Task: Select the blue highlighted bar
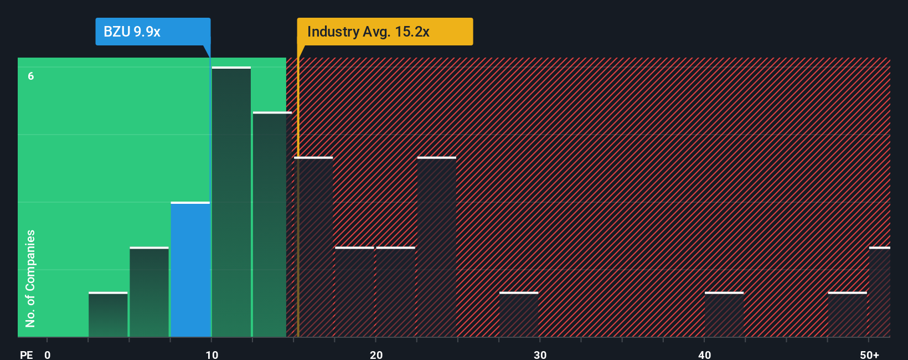point(190,270)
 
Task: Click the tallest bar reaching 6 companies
point(231,202)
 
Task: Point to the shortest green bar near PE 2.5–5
point(108,315)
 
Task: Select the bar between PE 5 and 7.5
point(149,292)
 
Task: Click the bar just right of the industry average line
point(314,247)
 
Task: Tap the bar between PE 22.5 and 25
point(437,247)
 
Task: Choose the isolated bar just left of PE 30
point(519,315)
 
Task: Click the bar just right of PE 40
point(724,315)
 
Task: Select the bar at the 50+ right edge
point(879,292)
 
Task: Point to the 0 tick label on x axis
point(48,355)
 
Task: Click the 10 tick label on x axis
point(211,355)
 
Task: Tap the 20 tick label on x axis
point(376,355)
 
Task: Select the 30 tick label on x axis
point(540,355)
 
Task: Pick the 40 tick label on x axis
point(704,355)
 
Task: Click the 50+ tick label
point(869,355)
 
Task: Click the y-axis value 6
point(31,76)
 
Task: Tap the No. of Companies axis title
point(30,278)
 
